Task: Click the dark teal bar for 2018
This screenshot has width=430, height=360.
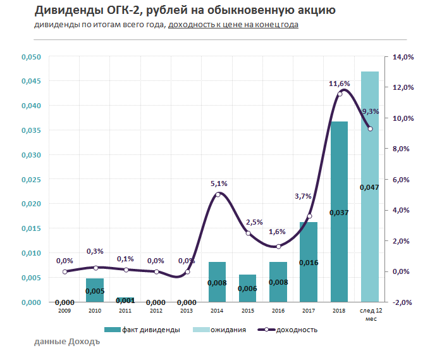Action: coord(340,211)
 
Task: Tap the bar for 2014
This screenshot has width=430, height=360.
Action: coord(217,282)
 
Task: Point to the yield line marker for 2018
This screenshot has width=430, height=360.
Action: coord(340,94)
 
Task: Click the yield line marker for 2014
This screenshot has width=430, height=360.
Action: coord(218,194)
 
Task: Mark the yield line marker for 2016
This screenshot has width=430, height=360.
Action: coord(278,246)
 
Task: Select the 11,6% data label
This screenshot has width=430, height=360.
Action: coord(340,84)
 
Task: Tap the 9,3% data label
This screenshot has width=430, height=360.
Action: coord(370,111)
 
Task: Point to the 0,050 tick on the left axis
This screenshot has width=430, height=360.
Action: coord(31,57)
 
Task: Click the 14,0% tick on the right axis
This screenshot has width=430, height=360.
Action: coord(403,57)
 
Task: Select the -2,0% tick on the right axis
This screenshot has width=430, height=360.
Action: coord(403,302)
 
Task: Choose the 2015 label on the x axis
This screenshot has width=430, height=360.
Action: coord(247,311)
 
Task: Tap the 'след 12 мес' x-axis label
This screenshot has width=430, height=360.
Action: coord(370,314)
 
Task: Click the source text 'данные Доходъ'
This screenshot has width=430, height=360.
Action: coord(67,342)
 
